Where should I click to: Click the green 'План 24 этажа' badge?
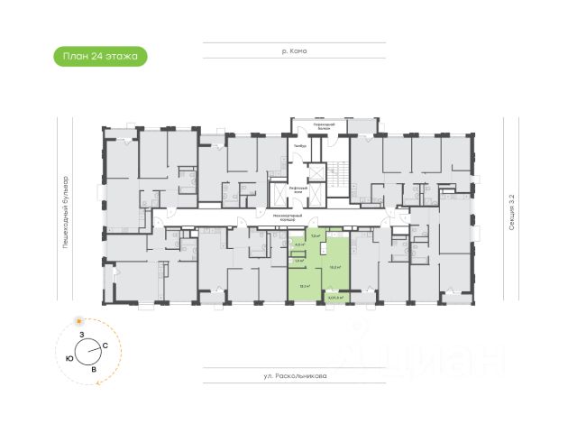point(100,56)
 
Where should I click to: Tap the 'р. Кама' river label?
point(295,51)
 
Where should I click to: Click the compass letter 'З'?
point(81,336)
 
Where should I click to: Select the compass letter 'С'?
point(105,346)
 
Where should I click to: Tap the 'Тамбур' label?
point(300,145)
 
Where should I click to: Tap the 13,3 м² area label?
point(305,286)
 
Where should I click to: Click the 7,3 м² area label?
point(315,235)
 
